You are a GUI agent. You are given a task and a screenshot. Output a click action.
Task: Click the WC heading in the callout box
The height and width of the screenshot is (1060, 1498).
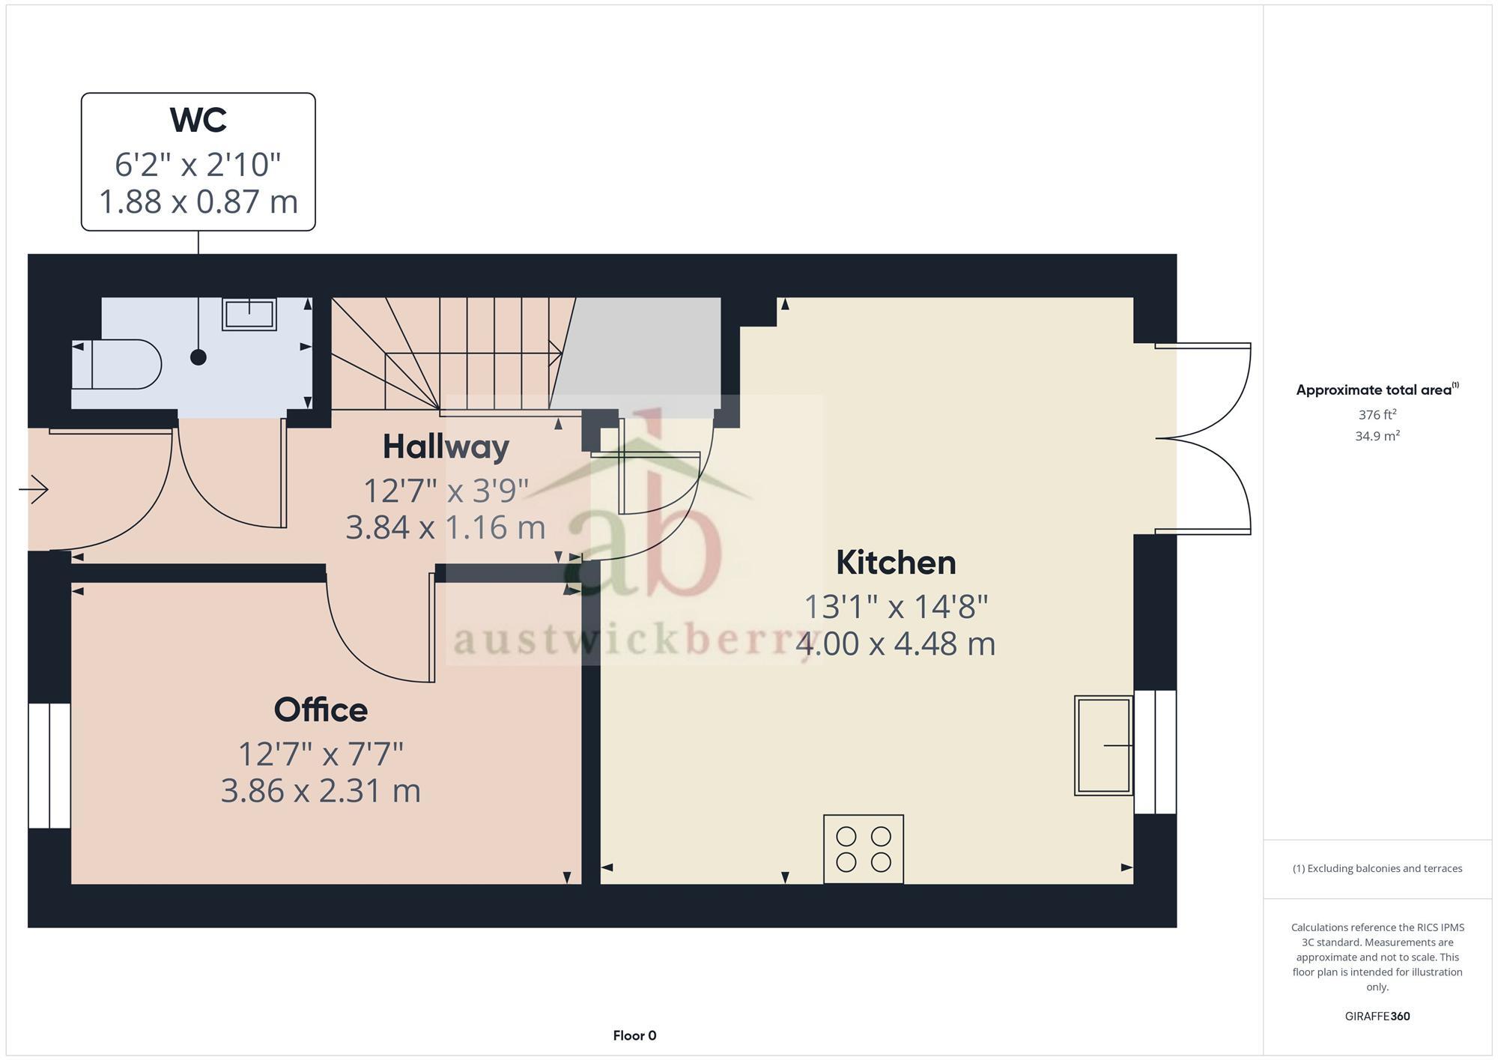click(198, 121)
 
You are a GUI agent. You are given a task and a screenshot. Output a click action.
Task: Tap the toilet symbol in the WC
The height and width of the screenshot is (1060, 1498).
click(120, 364)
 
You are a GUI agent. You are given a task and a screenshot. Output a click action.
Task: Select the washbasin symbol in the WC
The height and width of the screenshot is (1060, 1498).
click(249, 314)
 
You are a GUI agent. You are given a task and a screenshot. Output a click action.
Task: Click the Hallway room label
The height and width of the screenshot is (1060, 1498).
click(446, 447)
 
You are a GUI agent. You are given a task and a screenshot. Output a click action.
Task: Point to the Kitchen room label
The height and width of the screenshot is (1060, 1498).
click(896, 563)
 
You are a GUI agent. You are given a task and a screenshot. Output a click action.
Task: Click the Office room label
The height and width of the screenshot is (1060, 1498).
click(321, 710)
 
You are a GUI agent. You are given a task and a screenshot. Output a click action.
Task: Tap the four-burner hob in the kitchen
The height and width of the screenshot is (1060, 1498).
click(863, 849)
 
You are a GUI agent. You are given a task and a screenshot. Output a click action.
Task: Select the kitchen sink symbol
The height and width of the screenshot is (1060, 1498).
click(1103, 745)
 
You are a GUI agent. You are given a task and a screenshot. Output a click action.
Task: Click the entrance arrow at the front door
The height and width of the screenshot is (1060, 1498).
click(34, 490)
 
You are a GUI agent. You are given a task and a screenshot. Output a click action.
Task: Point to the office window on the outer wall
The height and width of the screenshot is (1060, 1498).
click(49, 765)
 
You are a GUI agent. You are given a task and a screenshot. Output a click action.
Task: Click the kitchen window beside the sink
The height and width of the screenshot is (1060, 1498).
click(1155, 751)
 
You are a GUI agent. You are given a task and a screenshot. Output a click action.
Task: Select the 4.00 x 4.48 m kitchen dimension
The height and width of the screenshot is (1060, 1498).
click(896, 644)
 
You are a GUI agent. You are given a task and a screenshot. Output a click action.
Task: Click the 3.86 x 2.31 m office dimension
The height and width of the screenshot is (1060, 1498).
click(321, 791)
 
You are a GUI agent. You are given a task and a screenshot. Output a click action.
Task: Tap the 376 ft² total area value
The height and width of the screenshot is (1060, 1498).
click(1377, 414)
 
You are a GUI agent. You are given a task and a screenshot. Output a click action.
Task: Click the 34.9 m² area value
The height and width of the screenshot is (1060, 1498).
click(1377, 436)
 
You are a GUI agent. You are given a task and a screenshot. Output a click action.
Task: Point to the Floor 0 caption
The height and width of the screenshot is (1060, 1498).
click(634, 1035)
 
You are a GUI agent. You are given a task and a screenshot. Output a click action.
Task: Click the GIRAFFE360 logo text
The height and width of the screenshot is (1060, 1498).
click(1377, 1017)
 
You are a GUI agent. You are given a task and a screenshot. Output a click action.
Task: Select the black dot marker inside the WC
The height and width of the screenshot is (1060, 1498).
click(198, 357)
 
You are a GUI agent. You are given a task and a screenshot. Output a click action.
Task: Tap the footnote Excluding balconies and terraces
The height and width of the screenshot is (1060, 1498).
click(1377, 869)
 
